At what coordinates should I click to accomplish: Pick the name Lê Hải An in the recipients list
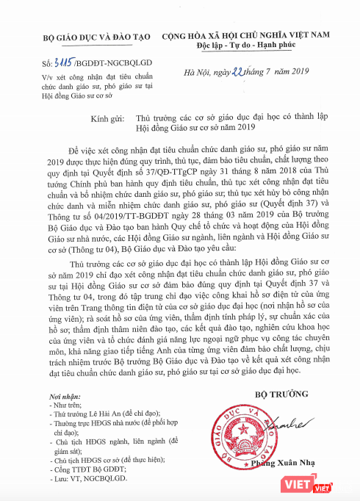[80, 414]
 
